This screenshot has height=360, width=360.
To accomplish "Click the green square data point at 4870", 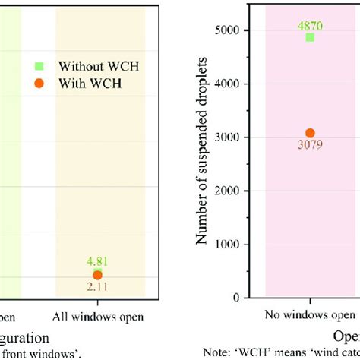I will click(x=310, y=37).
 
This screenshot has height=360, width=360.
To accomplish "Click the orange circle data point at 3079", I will click(x=310, y=134).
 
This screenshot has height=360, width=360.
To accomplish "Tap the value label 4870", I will click(x=310, y=25).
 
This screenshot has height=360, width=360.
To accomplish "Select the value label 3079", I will click(x=310, y=147).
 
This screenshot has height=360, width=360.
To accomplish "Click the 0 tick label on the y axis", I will click(x=245, y=298).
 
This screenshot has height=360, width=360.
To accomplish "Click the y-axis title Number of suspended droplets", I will click(x=203, y=164).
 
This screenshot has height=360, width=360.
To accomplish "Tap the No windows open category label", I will click(x=310, y=314).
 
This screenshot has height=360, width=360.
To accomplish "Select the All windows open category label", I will click(x=97, y=314).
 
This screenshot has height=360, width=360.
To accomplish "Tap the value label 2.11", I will click(x=98, y=286).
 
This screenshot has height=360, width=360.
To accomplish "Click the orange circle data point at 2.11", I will click(x=97, y=275).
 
